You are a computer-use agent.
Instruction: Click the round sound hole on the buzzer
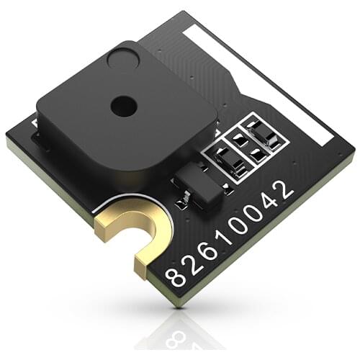pyautogui.click(x=123, y=106)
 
